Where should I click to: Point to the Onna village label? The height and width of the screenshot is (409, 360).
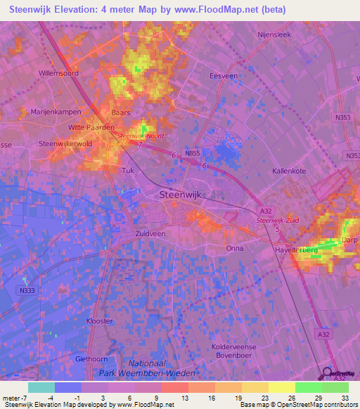235,248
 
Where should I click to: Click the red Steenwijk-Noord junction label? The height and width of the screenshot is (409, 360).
141,136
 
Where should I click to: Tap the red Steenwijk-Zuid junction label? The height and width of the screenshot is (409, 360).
276,221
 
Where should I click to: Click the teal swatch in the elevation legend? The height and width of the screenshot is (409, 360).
41,387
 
